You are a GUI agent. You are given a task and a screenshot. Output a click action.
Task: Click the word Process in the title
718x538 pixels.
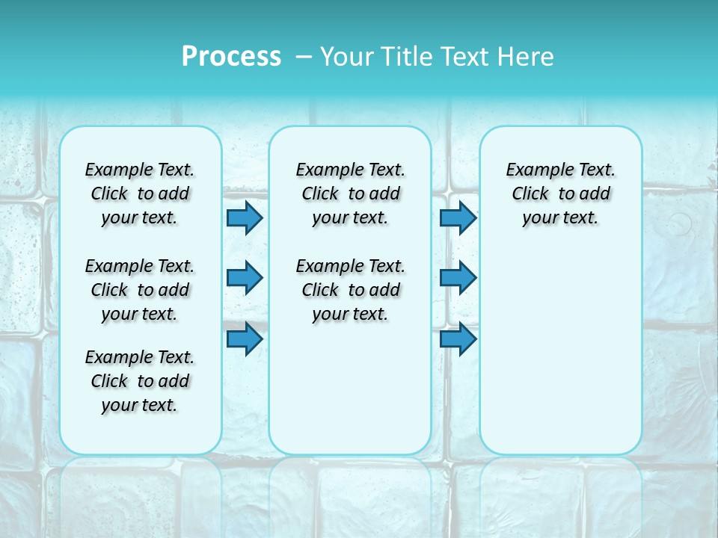(231, 57)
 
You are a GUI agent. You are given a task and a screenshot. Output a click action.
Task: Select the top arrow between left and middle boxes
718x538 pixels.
(245, 217)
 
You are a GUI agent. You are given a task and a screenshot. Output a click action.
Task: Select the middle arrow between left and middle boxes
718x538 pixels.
(245, 278)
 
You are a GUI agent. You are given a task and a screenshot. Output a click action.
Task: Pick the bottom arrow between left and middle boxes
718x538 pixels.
(245, 338)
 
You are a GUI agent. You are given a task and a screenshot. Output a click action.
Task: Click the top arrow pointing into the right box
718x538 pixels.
(458, 217)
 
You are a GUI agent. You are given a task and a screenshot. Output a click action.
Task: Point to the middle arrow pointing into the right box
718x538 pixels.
(458, 278)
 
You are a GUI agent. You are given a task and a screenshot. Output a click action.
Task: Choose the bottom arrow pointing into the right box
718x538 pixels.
(458, 338)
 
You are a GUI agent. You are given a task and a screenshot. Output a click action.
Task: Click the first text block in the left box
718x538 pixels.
(140, 194)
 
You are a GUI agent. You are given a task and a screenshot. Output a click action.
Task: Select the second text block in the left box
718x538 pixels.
(140, 290)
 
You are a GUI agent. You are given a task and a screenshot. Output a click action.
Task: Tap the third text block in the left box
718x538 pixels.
(140, 381)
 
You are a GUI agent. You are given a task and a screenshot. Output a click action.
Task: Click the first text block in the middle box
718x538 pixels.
(350, 194)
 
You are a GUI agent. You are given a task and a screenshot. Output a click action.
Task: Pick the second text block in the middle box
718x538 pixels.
(350, 290)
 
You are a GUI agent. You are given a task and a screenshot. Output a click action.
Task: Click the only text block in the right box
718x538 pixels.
(560, 194)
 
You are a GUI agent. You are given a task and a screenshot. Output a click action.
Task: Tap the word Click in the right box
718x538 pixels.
(530, 194)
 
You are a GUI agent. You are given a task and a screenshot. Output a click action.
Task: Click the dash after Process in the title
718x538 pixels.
(304, 57)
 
